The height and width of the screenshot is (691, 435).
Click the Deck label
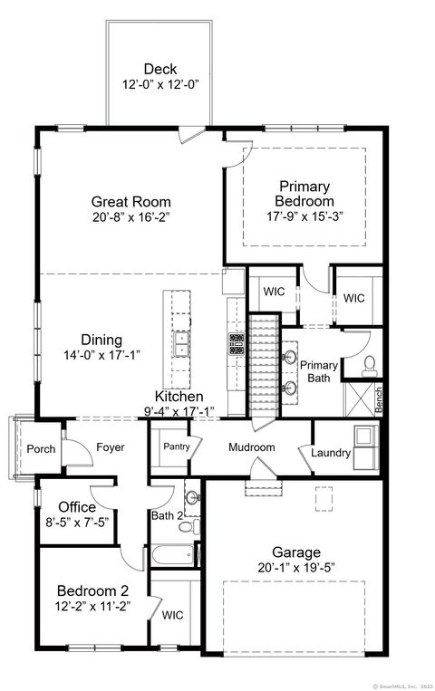tap(159, 69)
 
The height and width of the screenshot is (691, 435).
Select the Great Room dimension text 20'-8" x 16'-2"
tap(130, 217)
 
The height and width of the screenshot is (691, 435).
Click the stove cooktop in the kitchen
tap(237, 343)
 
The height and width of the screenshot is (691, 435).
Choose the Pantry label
tap(175, 446)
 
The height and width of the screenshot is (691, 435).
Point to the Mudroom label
tap(251, 447)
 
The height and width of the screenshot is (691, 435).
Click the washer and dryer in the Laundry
tap(366, 437)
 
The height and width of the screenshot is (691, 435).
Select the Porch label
tap(41, 449)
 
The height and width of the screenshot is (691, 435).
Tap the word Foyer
tap(110, 447)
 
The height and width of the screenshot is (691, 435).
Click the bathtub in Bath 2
tap(172, 552)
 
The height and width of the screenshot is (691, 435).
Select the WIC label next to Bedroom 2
tap(171, 615)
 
